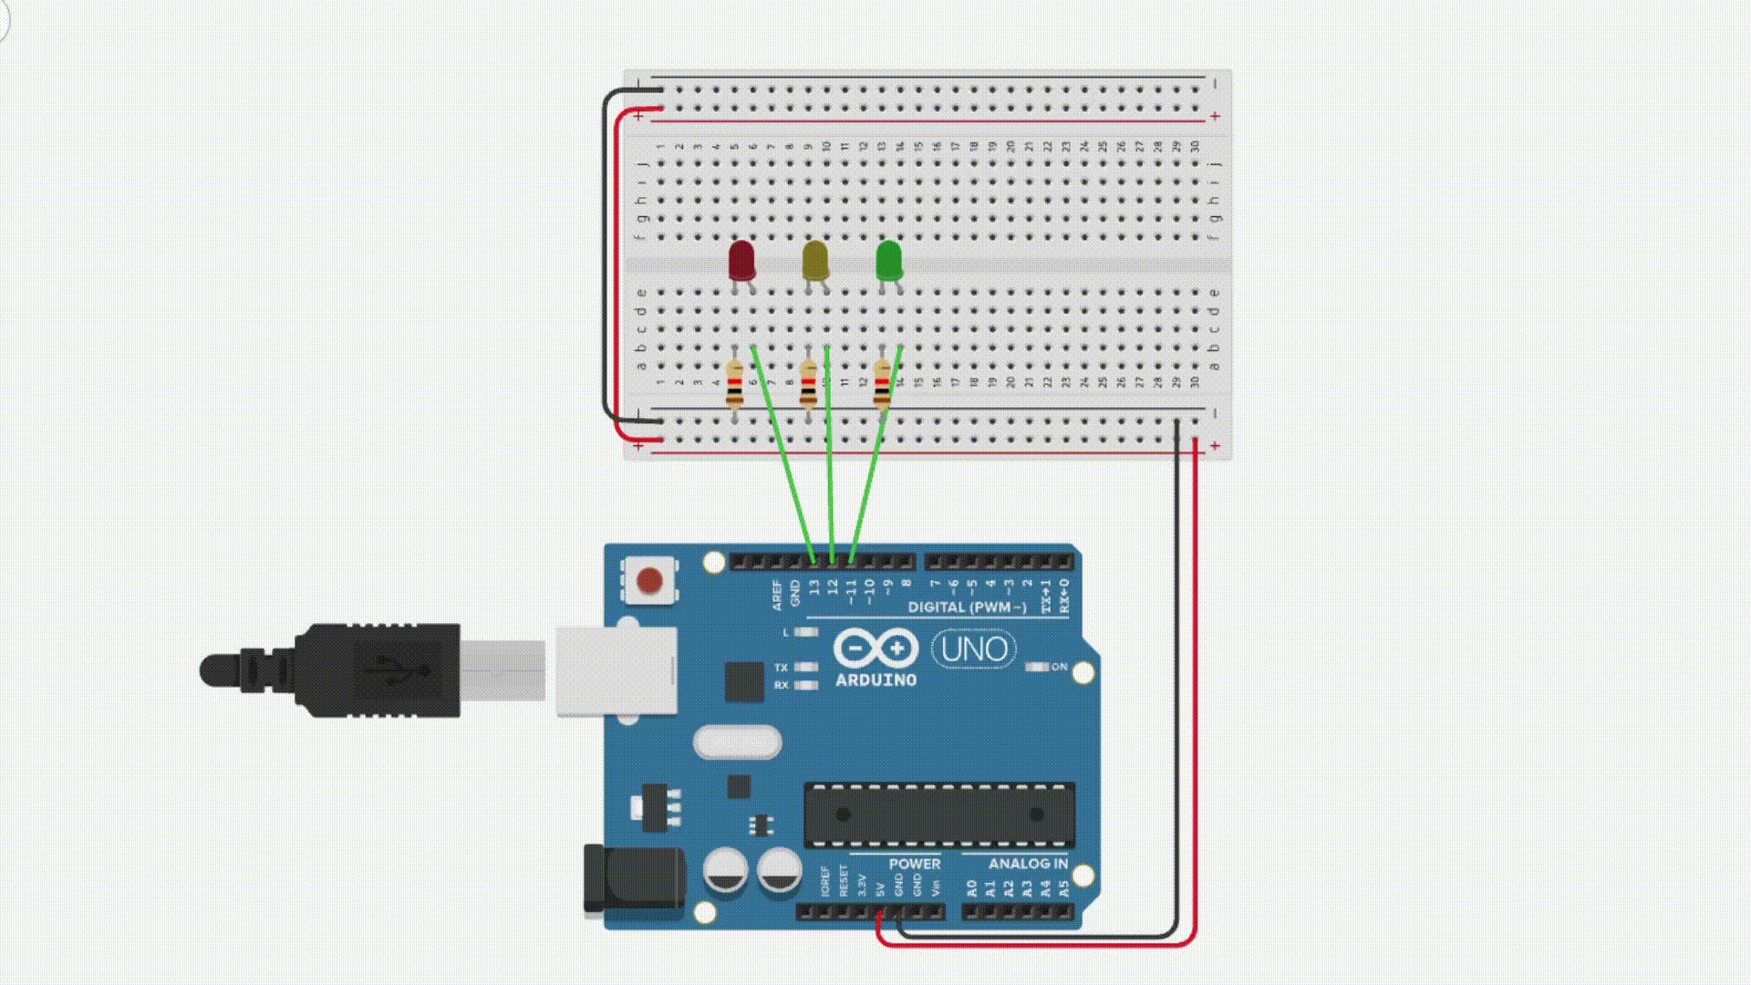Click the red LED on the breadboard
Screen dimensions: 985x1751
[x=741, y=261]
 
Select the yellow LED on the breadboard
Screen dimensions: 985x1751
[x=815, y=261]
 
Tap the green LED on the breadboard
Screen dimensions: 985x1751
[x=889, y=261]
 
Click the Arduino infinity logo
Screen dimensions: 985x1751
[x=875, y=648]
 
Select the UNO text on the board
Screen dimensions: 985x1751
[x=974, y=649]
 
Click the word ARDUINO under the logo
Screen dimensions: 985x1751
[x=876, y=680]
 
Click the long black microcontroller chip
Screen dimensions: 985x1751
[x=939, y=814]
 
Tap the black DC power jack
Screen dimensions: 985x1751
[x=634, y=878]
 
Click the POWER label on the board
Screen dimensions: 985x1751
[x=914, y=864]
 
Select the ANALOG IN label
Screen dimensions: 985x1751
[x=1028, y=864]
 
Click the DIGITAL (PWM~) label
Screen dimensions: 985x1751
[x=967, y=607]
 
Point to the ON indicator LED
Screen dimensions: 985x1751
[x=1037, y=667]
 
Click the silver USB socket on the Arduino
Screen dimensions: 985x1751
[x=616, y=670]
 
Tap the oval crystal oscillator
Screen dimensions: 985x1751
[x=737, y=742]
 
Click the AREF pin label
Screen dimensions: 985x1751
[x=777, y=595]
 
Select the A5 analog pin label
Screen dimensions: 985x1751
[x=1064, y=887]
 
